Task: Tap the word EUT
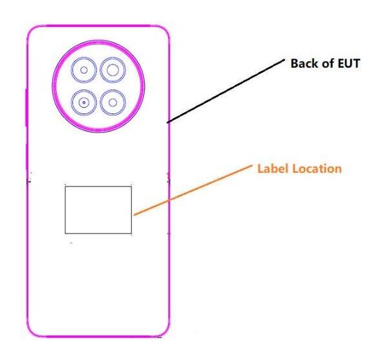[x=349, y=63]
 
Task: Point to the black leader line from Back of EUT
[x=226, y=91]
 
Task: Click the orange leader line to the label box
[x=193, y=190]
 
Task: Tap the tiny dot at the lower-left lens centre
[x=84, y=103]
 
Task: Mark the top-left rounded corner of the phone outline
[x=31, y=30]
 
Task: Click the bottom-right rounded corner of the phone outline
[x=165, y=332]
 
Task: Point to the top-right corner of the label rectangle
[x=132, y=186]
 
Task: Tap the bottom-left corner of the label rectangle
[x=65, y=234]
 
